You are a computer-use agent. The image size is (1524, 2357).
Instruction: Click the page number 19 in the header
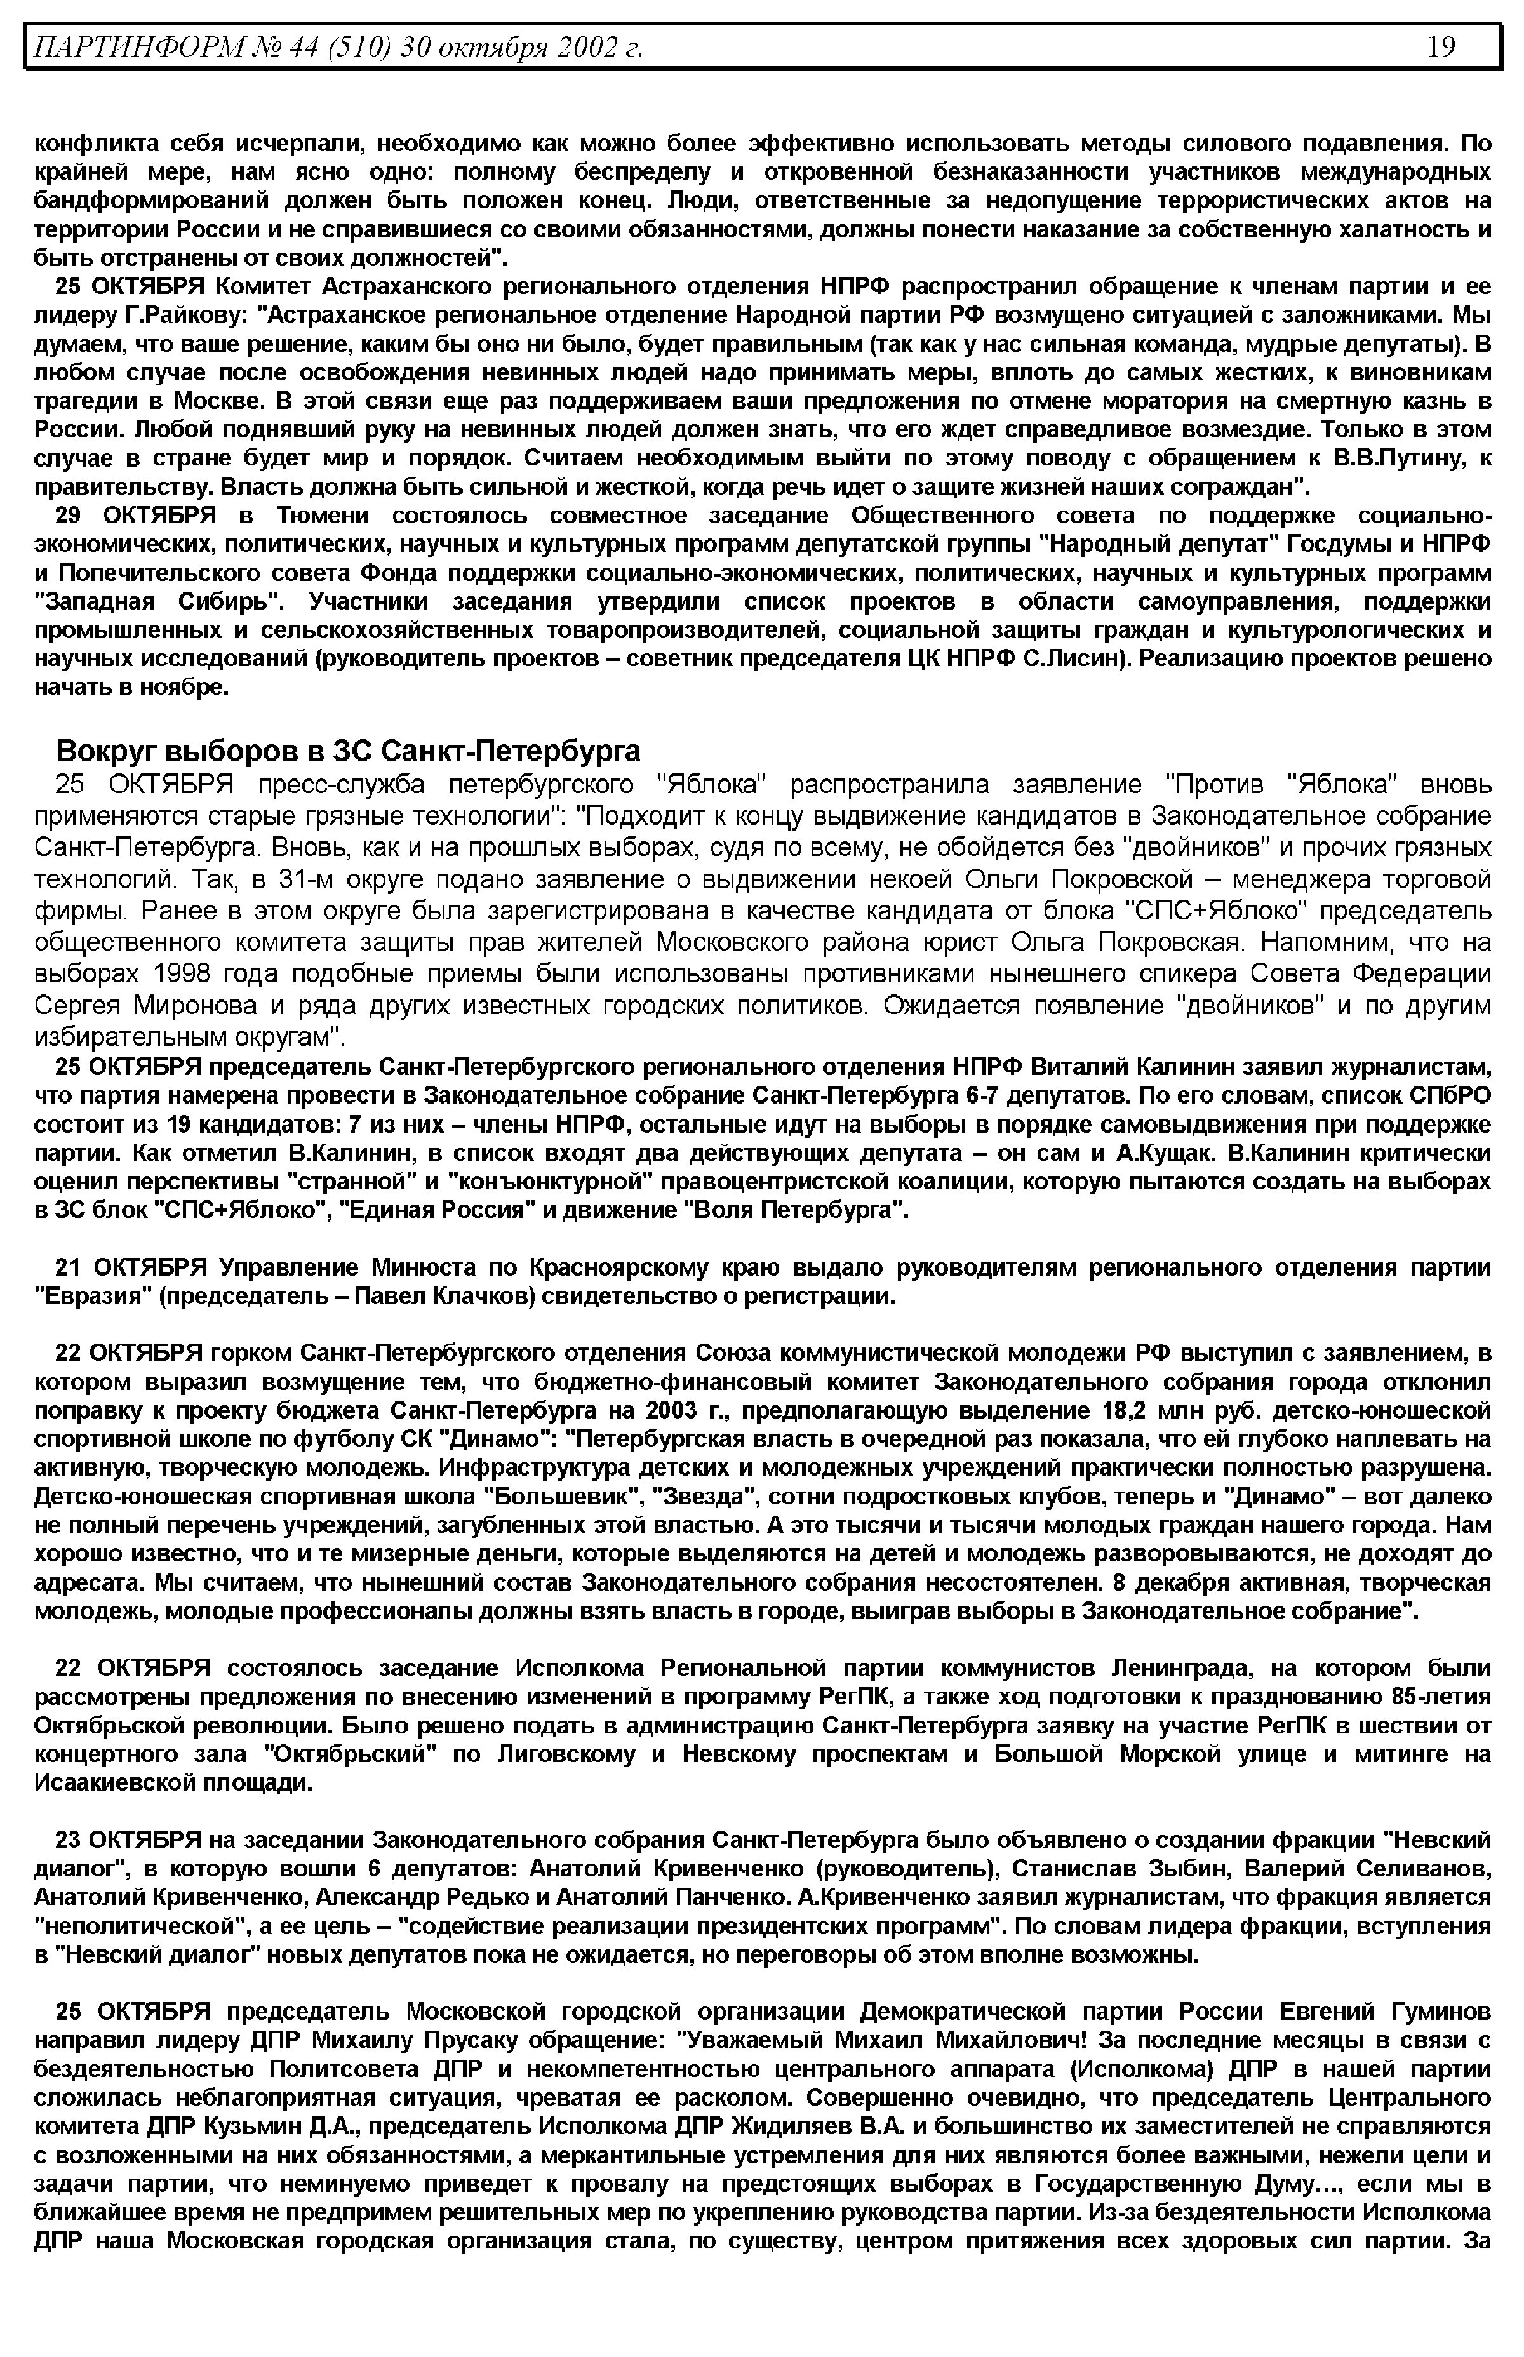[x=1440, y=46]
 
